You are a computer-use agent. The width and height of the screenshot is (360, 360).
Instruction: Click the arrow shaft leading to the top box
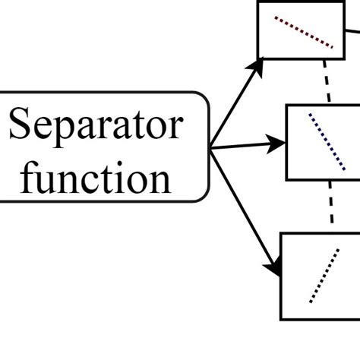(x=234, y=106)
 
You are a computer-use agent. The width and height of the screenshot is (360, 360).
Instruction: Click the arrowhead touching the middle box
(x=278, y=141)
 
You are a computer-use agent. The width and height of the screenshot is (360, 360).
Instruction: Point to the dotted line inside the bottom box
(x=323, y=275)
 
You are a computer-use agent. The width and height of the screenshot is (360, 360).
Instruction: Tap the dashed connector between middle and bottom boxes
(x=332, y=206)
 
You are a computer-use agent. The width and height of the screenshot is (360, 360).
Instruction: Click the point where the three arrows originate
(x=210, y=147)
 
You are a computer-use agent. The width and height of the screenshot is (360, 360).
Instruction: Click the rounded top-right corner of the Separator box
(x=204, y=98)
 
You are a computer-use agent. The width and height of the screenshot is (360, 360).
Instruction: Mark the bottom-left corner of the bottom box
(x=283, y=318)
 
